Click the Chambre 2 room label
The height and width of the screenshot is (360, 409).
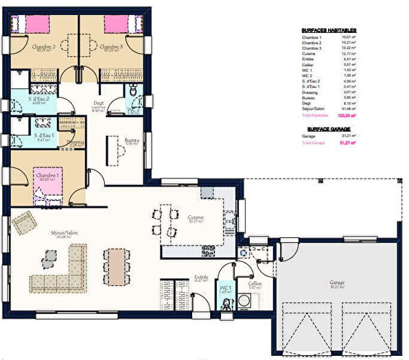click(x=44, y=47)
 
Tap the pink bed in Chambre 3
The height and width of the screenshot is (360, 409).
click(x=115, y=24)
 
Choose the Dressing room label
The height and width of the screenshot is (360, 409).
click(x=76, y=141)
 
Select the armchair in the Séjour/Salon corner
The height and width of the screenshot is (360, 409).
click(x=24, y=222)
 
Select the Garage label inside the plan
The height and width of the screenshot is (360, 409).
click(x=336, y=282)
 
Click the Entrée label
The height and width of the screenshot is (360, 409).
click(x=201, y=278)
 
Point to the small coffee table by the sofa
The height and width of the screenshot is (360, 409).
click(x=48, y=258)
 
